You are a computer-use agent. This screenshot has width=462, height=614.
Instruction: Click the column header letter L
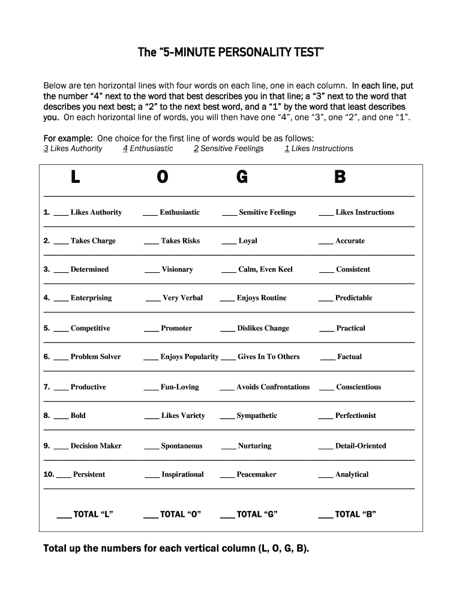click(75, 177)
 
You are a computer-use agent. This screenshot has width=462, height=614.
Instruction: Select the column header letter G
click(242, 177)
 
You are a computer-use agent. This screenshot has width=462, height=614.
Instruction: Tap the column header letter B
click(340, 177)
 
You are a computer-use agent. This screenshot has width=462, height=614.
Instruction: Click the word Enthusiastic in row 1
click(179, 212)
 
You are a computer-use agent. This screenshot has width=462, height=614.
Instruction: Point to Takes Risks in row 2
click(180, 241)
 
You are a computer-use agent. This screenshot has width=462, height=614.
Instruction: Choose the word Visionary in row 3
click(177, 270)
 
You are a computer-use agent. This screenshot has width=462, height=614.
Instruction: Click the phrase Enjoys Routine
click(262, 298)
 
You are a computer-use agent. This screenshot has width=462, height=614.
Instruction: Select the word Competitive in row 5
click(90, 329)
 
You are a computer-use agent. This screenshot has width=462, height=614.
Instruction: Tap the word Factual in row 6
click(349, 357)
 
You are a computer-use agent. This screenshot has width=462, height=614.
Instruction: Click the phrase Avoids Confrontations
click(273, 387)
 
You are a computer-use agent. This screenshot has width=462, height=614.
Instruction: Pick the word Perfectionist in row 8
click(356, 416)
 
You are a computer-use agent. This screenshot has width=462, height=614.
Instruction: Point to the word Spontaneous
click(182, 446)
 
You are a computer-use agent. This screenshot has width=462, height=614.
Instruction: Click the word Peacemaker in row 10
click(256, 474)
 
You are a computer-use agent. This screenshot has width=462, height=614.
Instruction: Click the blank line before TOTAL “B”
click(325, 516)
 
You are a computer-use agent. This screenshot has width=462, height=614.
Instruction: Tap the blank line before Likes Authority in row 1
click(61, 214)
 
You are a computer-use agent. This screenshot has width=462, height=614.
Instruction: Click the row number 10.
click(49, 474)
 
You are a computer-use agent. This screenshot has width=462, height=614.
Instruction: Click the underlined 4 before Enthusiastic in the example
click(125, 149)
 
